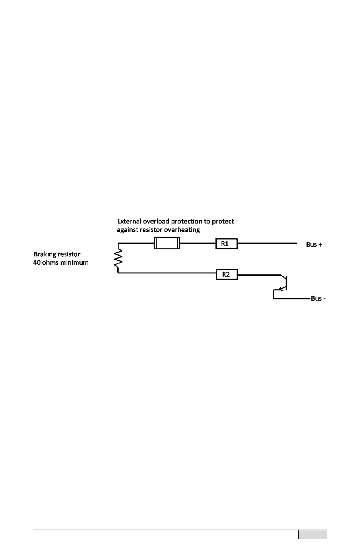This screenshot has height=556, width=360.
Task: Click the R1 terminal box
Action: (226, 244)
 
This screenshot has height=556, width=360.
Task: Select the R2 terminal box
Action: (226, 274)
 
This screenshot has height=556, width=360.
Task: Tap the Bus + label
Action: (314, 244)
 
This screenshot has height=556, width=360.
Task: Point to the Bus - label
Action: (318, 299)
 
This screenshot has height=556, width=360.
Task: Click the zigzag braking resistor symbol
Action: (119, 258)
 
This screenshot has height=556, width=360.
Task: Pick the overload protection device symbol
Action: (167, 244)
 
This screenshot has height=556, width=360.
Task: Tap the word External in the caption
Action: (130, 222)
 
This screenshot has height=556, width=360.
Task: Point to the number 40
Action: (37, 263)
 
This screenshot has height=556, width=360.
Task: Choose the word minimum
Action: (74, 263)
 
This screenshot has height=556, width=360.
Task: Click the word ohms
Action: (51, 263)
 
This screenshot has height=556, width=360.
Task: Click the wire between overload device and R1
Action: (197, 244)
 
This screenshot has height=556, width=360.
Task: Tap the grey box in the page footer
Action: (313, 535)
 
